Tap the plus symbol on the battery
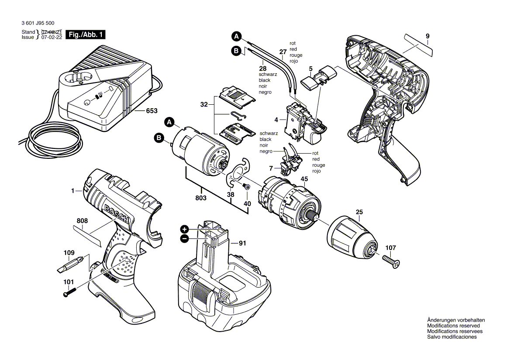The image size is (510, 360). [x=184, y=229]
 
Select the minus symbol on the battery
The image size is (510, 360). [x=184, y=239]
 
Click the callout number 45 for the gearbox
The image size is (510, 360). [x=304, y=178]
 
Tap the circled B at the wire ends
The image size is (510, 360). [x=236, y=51]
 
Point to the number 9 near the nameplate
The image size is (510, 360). [x=427, y=36]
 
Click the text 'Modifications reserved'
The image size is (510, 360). [x=453, y=326]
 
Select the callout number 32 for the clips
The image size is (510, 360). [x=203, y=105]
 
